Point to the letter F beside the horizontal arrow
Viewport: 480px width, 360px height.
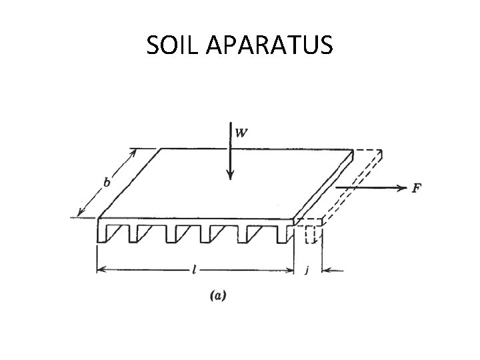[x=416, y=188]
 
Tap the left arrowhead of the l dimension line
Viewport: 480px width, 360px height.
[x=101, y=270]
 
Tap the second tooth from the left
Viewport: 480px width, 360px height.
[x=139, y=233]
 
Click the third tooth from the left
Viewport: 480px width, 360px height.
[x=177, y=233]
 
